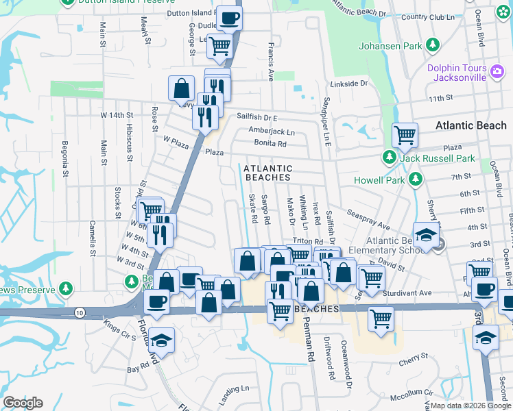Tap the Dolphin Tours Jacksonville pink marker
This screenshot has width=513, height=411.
496,68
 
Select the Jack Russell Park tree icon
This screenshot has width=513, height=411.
390,158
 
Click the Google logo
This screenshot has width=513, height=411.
22,403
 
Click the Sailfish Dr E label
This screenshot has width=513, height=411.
257,117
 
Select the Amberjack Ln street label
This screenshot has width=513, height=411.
272,132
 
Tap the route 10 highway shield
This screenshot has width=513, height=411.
80,312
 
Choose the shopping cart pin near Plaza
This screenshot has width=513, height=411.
405,135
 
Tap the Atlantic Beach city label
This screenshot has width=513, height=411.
470,125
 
